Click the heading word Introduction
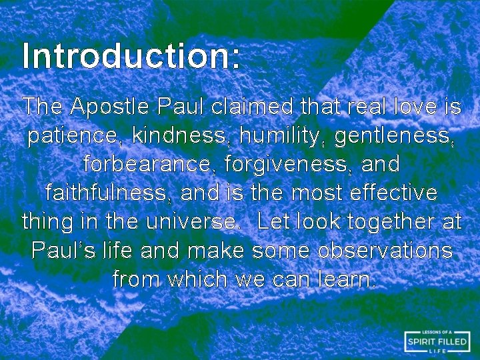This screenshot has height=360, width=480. (x=131, y=56)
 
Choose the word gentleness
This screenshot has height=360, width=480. (x=393, y=135)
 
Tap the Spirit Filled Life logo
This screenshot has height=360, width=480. (x=437, y=341)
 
